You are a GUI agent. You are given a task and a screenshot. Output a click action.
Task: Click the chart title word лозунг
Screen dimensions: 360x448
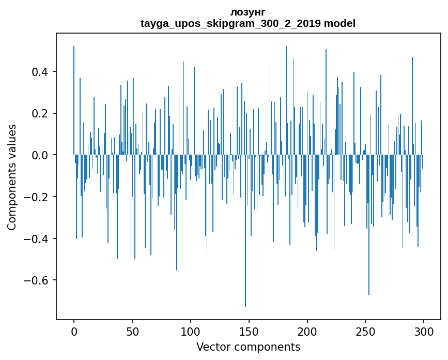[x=248, y=12]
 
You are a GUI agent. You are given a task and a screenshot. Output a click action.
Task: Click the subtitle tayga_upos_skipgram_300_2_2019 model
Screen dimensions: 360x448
[x=248, y=23]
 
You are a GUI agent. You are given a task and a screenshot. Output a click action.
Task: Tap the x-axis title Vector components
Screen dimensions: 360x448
[x=248, y=347]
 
